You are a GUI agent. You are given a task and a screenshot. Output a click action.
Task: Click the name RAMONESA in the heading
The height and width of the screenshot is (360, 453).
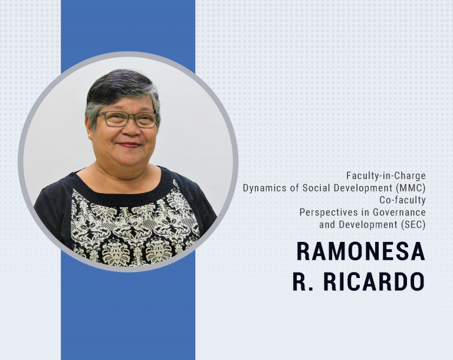click(x=360, y=252)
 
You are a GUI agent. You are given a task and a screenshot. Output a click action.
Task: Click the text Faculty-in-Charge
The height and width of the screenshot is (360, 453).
click(x=386, y=176)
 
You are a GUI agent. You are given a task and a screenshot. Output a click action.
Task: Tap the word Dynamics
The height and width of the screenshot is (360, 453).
click(x=263, y=188)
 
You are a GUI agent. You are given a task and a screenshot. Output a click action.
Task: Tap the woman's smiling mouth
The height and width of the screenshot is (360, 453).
click(x=129, y=145)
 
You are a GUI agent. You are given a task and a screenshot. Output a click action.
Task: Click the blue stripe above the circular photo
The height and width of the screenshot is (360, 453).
click(x=128, y=27)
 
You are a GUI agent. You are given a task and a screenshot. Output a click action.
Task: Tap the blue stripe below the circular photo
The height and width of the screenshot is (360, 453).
click(x=128, y=319)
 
